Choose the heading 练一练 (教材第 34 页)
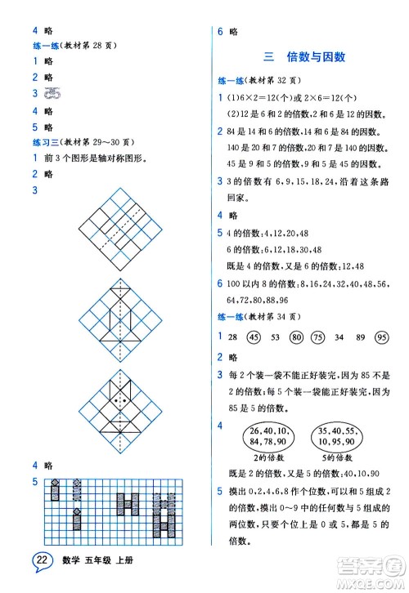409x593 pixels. (x=266, y=317)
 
